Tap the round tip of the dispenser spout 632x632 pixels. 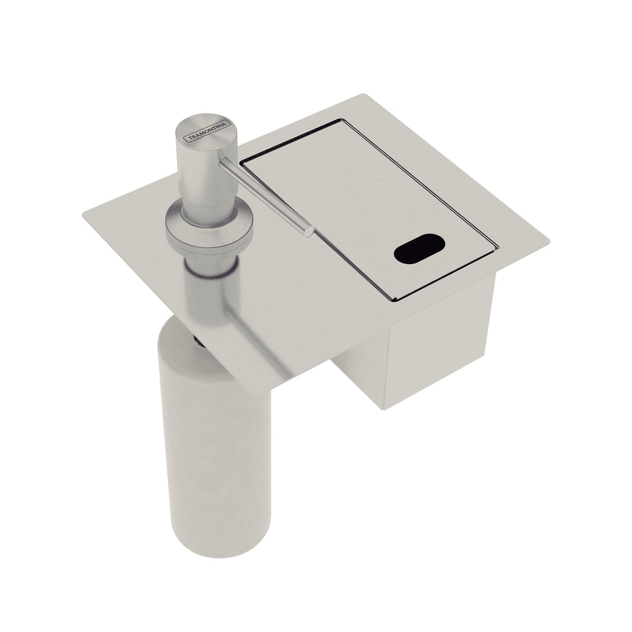pyautogui.click(x=308, y=231)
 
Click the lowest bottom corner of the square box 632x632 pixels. pyautogui.click(x=383, y=409)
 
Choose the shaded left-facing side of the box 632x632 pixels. pyautogui.click(x=358, y=376)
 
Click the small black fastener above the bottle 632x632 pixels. pyautogui.click(x=196, y=339)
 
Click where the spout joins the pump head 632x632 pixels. pyautogui.click(x=223, y=162)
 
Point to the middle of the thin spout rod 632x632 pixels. pyautogui.click(x=265, y=196)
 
